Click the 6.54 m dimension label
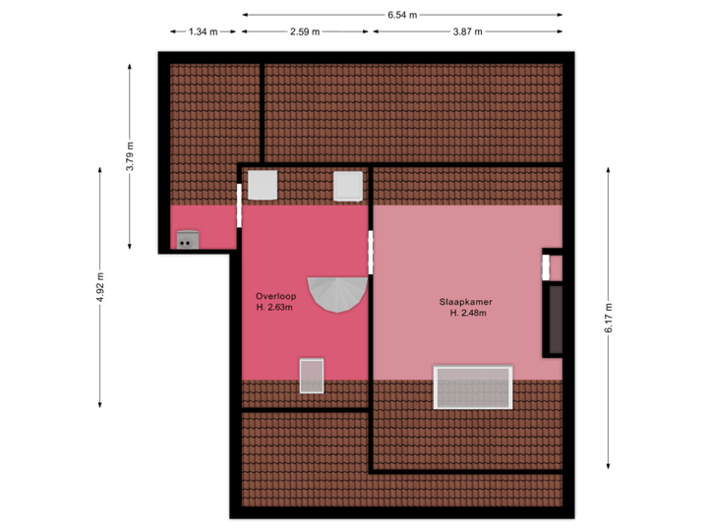(x=402, y=15)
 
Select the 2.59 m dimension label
(x=305, y=31)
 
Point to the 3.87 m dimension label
(x=467, y=31)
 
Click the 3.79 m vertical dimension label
(x=130, y=156)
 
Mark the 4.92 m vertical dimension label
(x=100, y=287)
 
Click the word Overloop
(x=275, y=294)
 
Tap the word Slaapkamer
(x=467, y=301)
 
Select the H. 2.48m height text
(x=468, y=314)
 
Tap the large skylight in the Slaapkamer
(x=473, y=386)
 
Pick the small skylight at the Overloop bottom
(x=312, y=376)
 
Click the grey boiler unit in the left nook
(x=187, y=239)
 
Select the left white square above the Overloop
(x=263, y=185)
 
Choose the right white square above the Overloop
(x=348, y=185)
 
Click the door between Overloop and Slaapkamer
(x=371, y=253)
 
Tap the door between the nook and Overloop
(x=239, y=205)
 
